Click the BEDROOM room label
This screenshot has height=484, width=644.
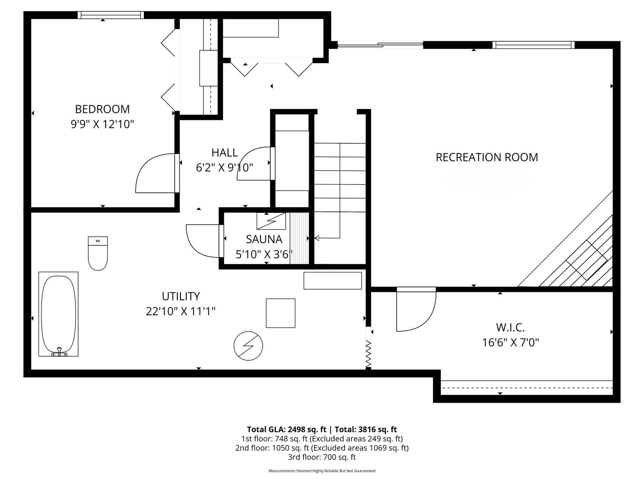[x=102, y=109]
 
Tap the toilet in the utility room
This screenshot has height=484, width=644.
[x=98, y=253]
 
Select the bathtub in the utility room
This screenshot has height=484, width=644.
[x=59, y=314]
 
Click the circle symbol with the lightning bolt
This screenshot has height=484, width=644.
[x=248, y=346]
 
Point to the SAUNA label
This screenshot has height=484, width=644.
[x=264, y=239]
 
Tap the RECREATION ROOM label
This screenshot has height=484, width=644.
[x=487, y=157]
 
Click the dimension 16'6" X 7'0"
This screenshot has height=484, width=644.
[x=510, y=343]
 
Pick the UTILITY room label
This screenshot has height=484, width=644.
[x=181, y=296]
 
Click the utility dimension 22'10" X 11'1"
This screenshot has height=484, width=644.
[x=181, y=312]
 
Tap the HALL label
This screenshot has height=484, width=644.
[x=225, y=152]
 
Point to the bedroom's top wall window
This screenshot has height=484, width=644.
[x=111, y=15]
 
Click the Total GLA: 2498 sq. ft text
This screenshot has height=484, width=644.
[x=287, y=429]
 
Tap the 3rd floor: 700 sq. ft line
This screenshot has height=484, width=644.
[x=322, y=457]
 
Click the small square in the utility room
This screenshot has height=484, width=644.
[x=280, y=313]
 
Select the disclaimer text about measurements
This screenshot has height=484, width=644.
[x=322, y=471]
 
